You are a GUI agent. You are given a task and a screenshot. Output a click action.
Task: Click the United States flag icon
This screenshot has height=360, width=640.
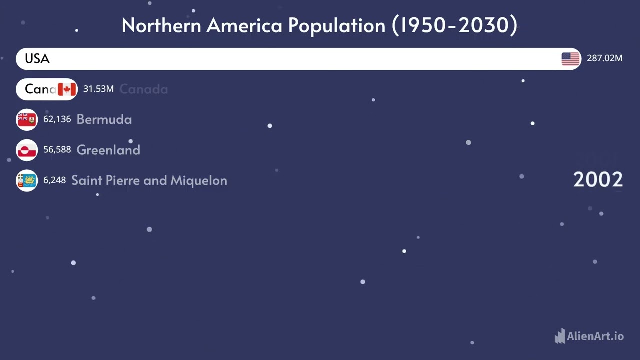click(570, 59)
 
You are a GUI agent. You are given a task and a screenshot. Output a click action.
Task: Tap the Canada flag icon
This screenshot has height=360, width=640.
click(67, 89)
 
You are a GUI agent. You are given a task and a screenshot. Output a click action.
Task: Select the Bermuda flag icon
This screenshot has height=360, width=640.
click(27, 120)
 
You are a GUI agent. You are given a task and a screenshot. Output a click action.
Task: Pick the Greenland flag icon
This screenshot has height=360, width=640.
click(27, 150)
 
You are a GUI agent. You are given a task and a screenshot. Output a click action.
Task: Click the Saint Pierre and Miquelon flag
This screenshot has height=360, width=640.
click(27, 181)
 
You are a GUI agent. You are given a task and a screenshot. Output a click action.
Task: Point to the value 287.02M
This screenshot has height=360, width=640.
click(604, 58)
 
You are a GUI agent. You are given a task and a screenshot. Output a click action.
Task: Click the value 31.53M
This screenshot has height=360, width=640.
click(98, 89)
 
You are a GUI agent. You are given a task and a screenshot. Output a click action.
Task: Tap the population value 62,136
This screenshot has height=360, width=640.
click(57, 119)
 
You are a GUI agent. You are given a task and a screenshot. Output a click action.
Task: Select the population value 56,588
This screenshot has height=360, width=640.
click(57, 150)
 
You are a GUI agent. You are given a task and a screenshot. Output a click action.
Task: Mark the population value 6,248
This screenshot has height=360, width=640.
click(54, 180)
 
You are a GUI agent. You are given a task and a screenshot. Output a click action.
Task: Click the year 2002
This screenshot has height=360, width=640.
click(598, 180)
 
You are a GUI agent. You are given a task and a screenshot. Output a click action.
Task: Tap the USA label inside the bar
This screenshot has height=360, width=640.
click(37, 59)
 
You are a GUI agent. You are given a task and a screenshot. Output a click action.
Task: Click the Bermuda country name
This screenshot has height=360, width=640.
click(104, 119)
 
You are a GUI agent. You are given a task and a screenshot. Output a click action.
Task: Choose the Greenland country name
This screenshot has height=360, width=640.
click(108, 150)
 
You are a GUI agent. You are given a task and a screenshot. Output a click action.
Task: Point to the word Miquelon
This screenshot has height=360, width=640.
click(199, 180)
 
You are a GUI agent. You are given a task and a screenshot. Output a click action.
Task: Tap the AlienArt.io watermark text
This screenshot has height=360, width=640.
click(595, 336)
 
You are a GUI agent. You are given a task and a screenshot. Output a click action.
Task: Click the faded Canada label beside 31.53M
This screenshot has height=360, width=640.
click(143, 89)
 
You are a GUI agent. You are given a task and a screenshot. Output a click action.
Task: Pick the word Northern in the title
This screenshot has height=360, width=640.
click(161, 25)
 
